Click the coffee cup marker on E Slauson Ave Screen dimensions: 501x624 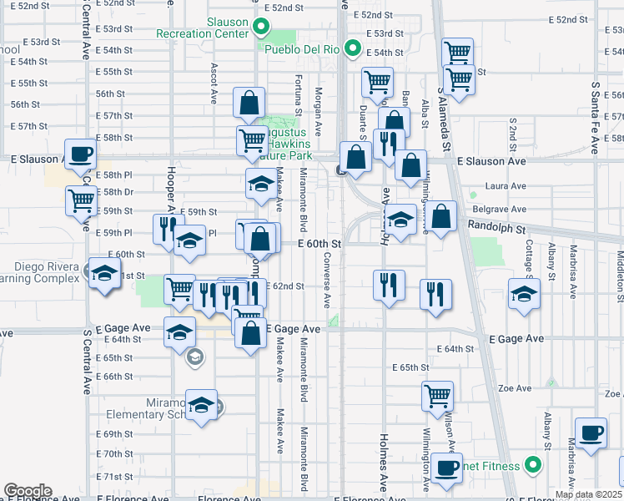click(x=80, y=154)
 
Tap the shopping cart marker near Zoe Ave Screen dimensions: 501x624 click(x=437, y=397)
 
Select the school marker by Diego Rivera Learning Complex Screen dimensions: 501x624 click(x=105, y=275)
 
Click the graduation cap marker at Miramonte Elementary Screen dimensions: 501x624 click(x=201, y=406)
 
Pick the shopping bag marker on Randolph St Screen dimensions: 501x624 click(x=442, y=217)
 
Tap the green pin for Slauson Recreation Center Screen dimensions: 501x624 click(x=260, y=27)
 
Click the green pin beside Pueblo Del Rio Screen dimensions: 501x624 click(x=352, y=49)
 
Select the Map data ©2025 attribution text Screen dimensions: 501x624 click(x=587, y=494)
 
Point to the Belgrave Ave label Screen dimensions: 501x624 click(x=506, y=209)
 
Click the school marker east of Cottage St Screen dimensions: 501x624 click(x=524, y=295)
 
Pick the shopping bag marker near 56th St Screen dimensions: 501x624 click(x=249, y=104)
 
